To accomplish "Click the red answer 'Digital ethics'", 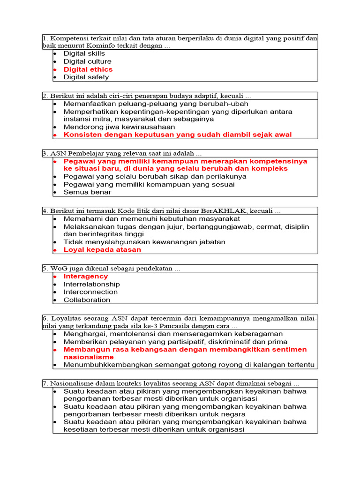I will (x=88, y=69).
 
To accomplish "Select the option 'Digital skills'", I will (x=84, y=53).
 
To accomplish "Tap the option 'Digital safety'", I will (x=86, y=77).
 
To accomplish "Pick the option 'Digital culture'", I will (x=88, y=61).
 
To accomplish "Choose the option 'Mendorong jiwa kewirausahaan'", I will (x=119, y=127).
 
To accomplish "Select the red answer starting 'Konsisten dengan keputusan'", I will (x=177, y=135).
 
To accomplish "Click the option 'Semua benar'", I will (x=88, y=192).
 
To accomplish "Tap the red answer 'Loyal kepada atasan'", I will (x=102, y=250).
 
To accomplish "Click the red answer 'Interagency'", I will (x=86, y=277).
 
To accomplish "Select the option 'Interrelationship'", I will (x=91, y=284).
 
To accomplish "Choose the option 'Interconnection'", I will (x=90, y=292).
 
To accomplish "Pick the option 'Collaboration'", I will (x=87, y=300).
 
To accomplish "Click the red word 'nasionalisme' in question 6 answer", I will (x=89, y=357).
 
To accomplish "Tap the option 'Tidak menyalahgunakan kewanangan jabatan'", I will (x=144, y=242).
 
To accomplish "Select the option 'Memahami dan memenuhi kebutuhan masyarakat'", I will (x=152, y=218).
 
